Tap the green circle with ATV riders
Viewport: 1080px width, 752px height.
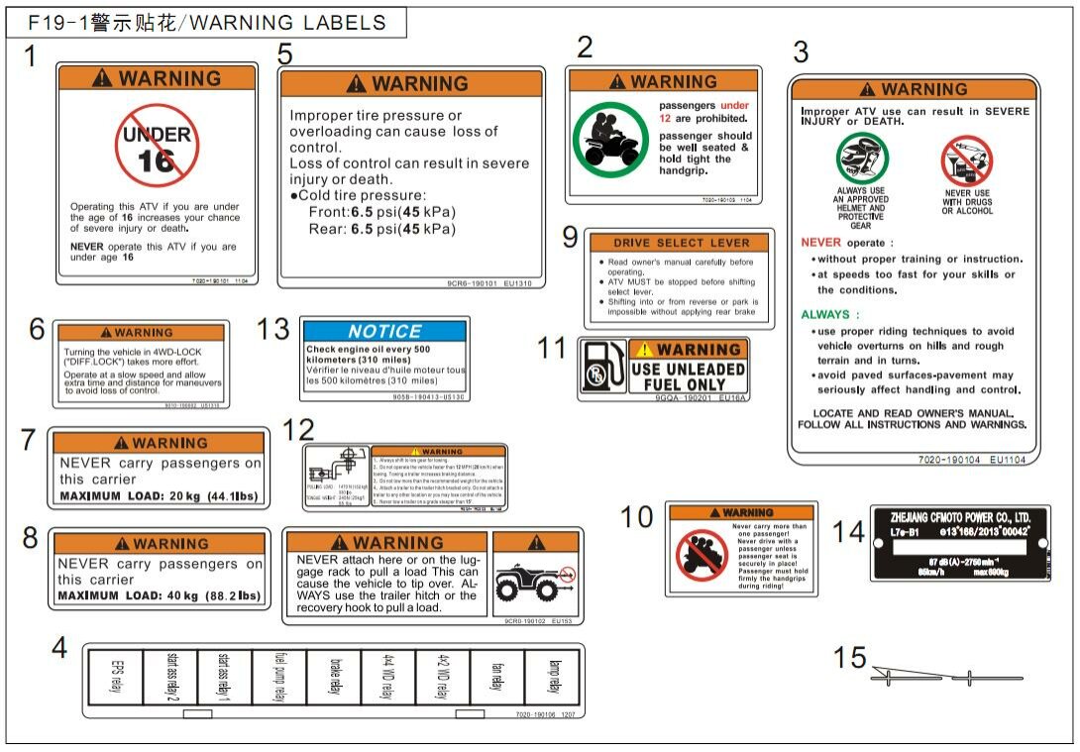607,138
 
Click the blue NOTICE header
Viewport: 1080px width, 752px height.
384,332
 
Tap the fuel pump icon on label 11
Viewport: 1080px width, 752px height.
602,368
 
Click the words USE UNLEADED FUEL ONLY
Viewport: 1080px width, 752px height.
688,376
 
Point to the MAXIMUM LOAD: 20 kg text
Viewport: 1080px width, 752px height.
159,496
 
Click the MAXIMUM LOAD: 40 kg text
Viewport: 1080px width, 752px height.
159,596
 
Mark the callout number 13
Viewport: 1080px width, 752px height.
273,330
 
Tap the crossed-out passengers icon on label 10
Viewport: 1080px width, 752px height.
702,554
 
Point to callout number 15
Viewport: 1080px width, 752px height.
849,658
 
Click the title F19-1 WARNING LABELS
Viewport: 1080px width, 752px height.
206,23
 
